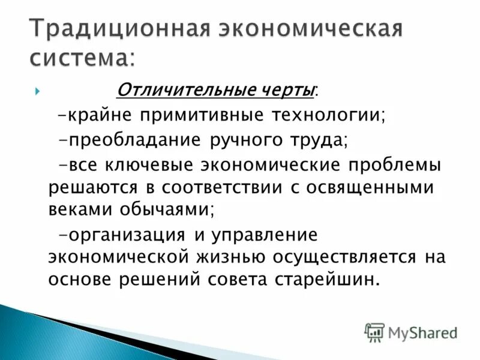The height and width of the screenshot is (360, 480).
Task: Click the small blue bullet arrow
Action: point(37,91)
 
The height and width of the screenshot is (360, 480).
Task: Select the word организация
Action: point(124,234)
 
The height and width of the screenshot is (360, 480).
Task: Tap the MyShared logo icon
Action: point(374,331)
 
